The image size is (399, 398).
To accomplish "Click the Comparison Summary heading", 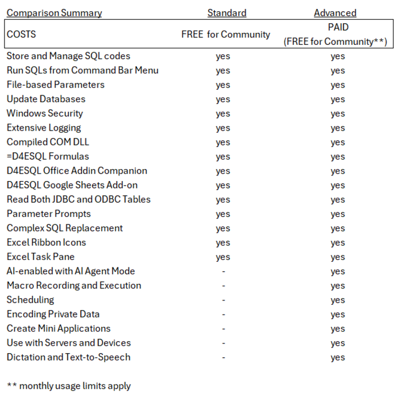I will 55,12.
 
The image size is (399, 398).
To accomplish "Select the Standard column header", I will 227,12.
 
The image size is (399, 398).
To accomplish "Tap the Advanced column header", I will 335,12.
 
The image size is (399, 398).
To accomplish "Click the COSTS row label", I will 21,34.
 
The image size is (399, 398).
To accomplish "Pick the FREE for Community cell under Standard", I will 226,34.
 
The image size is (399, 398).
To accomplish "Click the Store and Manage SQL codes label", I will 68,56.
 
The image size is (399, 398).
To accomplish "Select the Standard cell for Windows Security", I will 223,114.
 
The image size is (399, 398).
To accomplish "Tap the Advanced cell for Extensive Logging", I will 338,128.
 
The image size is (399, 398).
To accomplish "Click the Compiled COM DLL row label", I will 48,142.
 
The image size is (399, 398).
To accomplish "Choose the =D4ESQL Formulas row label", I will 48,156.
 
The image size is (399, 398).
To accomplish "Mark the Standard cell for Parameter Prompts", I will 223,214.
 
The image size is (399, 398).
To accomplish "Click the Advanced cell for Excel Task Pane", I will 338,257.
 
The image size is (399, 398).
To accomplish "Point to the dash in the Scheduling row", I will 223,300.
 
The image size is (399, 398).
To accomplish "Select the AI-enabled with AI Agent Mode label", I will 70,271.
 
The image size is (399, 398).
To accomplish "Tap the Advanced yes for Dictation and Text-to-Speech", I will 338,358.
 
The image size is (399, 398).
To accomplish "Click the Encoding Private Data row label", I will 53,314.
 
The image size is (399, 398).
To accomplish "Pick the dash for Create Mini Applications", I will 223,329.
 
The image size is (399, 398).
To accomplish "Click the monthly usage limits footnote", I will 69,386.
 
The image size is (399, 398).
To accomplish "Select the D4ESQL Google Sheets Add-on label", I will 72,185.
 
